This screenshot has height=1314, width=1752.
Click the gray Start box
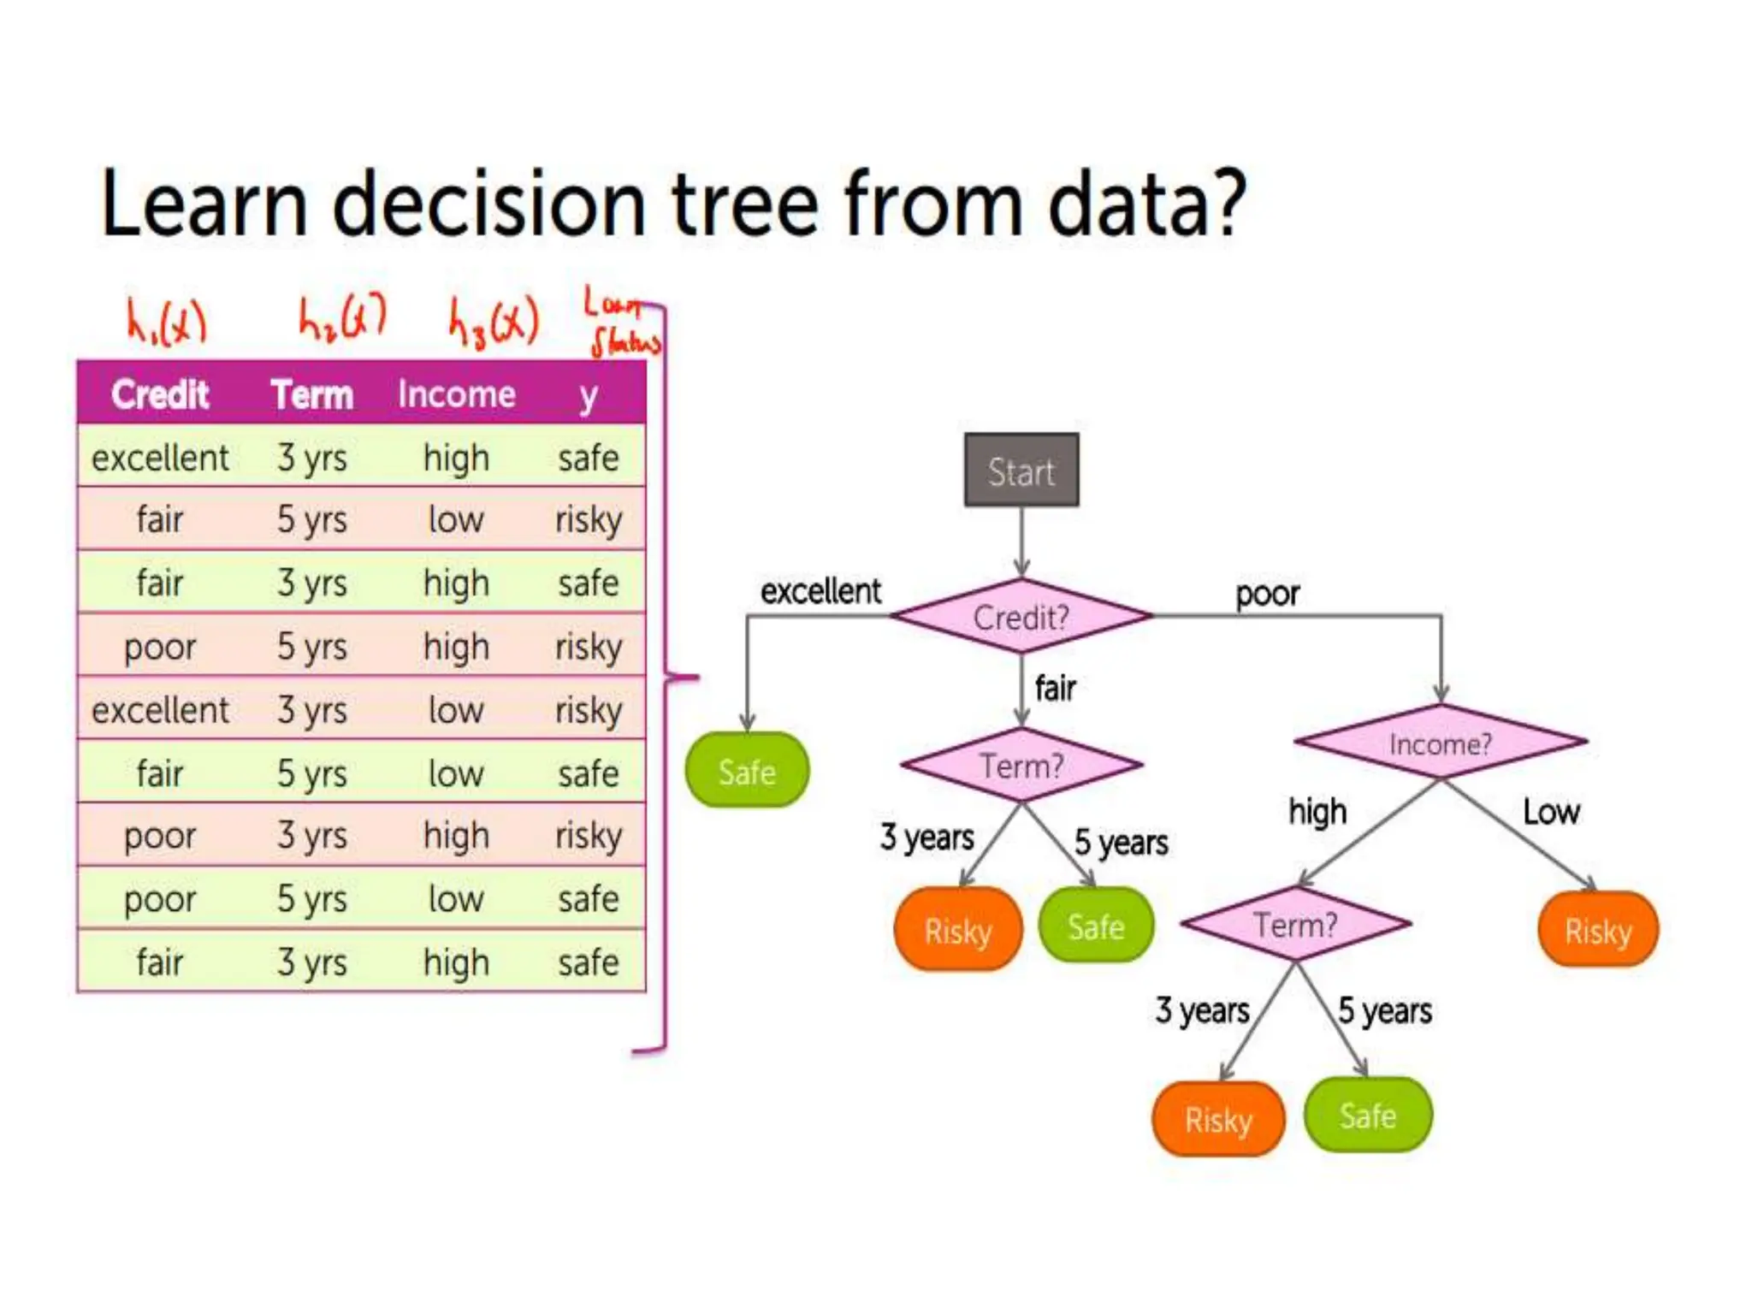pos(1021,471)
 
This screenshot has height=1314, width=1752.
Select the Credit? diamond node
pos(1021,617)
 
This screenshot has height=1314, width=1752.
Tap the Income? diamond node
pos(1441,743)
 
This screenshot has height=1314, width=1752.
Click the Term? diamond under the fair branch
pos(1021,766)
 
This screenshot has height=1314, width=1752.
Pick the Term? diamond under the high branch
pos(1295,925)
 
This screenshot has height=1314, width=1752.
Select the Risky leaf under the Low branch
pos(1598,930)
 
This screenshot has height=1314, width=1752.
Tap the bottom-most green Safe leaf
pos(1368,1116)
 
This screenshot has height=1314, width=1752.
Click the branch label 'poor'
pos(1267,593)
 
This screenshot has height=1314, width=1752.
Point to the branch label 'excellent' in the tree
pos(820,591)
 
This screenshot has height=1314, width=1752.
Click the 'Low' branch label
pos(1551,811)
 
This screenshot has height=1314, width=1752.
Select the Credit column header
pos(160,394)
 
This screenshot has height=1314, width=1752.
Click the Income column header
pos(456,394)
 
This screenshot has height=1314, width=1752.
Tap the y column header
pos(589,396)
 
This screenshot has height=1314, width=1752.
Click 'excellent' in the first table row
pos(160,458)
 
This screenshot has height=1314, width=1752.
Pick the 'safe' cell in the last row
pos(589,962)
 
